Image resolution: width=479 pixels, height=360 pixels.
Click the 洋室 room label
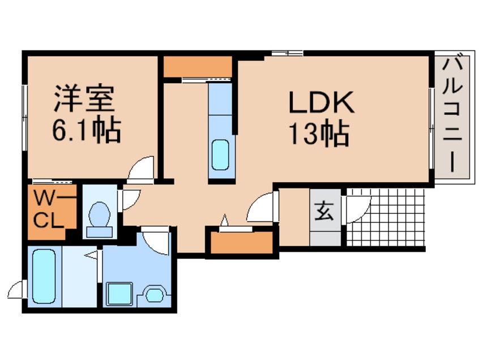coord(85,100)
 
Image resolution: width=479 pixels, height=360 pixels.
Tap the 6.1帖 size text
coord(85,132)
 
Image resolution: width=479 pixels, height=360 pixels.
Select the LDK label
coord(320,103)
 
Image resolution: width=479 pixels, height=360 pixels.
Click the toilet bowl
coord(101,216)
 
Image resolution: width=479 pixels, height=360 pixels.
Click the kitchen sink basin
coord(220,155)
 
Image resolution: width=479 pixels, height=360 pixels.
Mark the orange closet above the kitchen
coord(198,67)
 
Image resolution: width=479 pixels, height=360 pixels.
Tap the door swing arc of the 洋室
coord(140,169)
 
